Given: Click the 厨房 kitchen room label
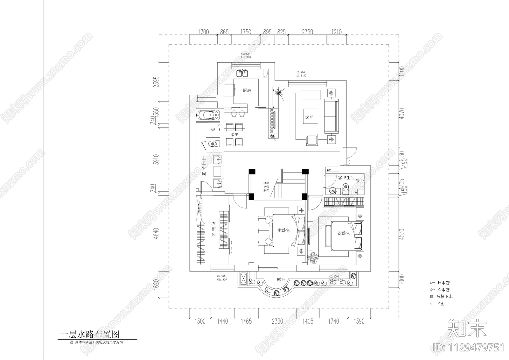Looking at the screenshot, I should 247,90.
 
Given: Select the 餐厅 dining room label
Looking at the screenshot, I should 234,135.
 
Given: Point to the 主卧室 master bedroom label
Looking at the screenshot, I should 283,230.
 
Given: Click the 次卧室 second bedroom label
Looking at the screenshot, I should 344,233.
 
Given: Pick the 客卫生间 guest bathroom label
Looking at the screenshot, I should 346,178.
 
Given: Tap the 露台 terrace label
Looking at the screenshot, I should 281,279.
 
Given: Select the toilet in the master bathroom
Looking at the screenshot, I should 213,144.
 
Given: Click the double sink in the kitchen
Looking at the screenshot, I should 242,74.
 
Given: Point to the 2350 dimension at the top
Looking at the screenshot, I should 307,32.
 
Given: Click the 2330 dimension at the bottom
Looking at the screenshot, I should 277,321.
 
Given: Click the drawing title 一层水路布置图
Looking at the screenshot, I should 90,335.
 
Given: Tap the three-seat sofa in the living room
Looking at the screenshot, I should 331,116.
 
